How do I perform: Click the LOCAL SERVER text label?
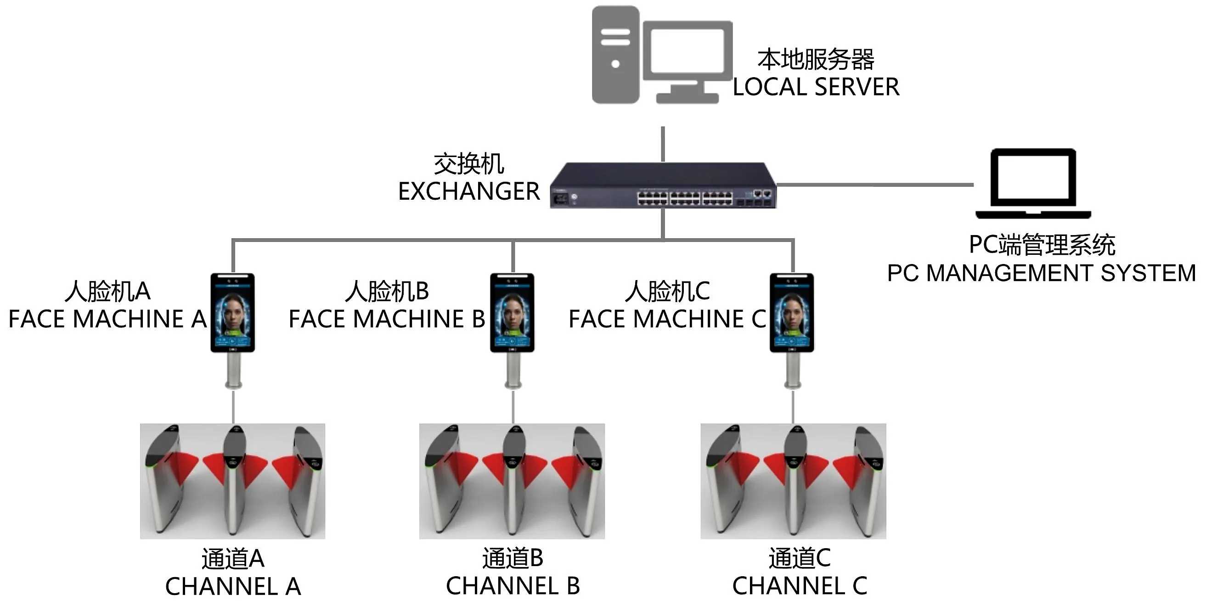click(x=816, y=87)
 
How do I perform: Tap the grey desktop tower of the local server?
click(x=615, y=54)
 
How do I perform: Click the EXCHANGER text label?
click(x=468, y=191)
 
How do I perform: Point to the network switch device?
click(x=663, y=185)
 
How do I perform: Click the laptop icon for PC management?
click(x=1033, y=184)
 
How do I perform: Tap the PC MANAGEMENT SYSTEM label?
click(x=1041, y=273)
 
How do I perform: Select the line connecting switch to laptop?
click(x=875, y=185)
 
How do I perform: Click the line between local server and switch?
click(x=663, y=144)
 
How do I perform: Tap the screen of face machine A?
click(x=233, y=313)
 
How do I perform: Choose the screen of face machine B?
click(x=512, y=313)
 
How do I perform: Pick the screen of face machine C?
click(x=792, y=313)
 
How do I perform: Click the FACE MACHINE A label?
click(x=107, y=319)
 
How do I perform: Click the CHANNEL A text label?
click(x=233, y=586)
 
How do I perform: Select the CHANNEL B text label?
click(x=513, y=586)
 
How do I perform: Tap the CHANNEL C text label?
click(x=800, y=586)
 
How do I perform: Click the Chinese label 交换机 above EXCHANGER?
click(x=468, y=164)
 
